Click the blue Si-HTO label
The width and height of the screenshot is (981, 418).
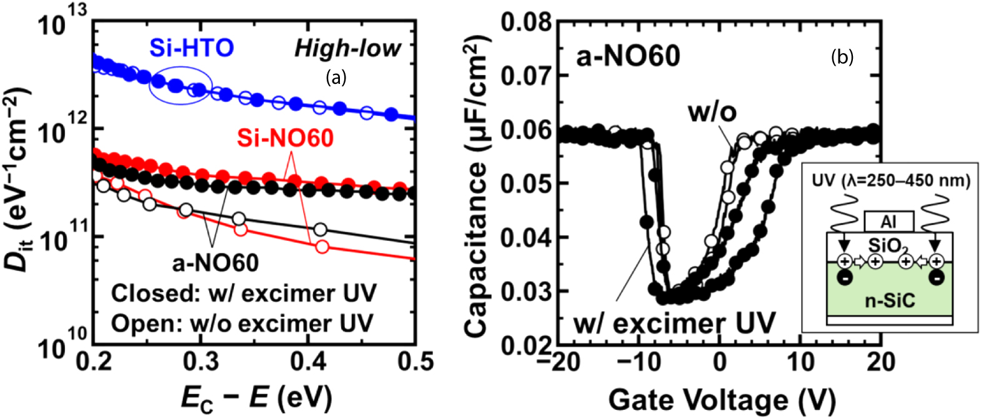tap(191, 48)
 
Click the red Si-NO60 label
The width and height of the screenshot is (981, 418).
tap(285, 138)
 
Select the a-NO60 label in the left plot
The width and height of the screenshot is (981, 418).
tap(216, 263)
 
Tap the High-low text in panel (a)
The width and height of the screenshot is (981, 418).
tap(347, 48)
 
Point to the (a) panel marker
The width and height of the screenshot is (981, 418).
tap(336, 77)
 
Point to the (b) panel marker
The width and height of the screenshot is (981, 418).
tap(842, 58)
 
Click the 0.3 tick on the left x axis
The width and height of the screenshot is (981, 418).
tap(201, 362)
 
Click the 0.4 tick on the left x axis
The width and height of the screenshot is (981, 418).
tap(308, 362)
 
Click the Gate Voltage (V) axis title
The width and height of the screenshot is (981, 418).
tap(721, 399)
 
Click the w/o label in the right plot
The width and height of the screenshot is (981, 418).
tap(712, 112)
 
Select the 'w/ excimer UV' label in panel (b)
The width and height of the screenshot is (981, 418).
tap(675, 323)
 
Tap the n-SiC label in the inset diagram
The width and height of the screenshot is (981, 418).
tap(889, 300)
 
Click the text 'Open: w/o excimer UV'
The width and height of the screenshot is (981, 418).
tap(242, 324)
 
